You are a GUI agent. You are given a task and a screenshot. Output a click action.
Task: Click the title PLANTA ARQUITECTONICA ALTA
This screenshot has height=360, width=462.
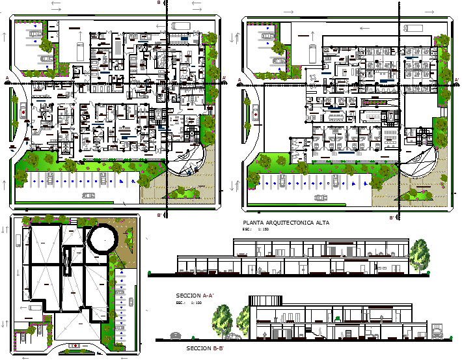[x=286, y=223]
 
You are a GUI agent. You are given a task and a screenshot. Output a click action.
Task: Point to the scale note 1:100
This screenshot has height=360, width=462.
[x=191, y=303]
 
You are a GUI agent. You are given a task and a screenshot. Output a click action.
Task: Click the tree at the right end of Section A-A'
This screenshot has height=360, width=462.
[x=418, y=255]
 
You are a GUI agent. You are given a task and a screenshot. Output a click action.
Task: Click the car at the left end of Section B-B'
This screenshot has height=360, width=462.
[x=175, y=335]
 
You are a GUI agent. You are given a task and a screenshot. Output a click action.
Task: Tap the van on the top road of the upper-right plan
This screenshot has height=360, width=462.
[x=413, y=28]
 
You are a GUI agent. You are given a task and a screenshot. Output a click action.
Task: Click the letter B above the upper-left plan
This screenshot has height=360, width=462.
[x=158, y=3]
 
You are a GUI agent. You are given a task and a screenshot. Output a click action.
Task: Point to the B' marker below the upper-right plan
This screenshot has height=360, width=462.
[x=391, y=217]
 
